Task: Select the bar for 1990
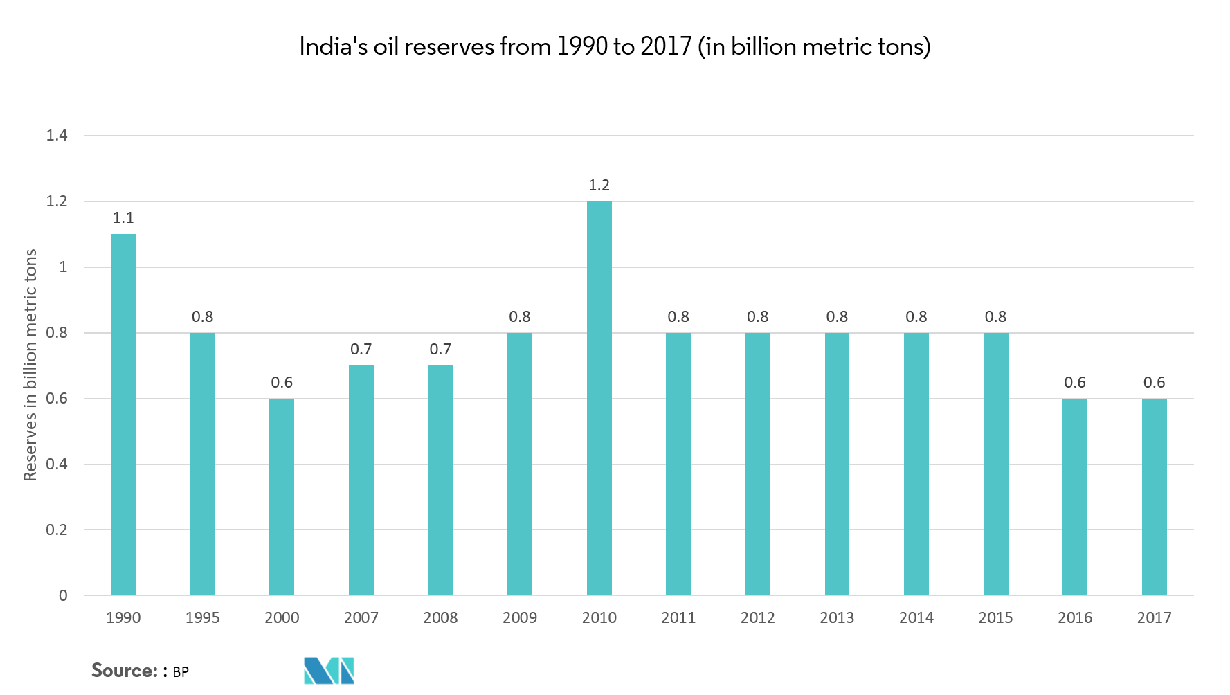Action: (123, 415)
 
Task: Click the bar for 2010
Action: (599, 398)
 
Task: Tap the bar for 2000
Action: (282, 496)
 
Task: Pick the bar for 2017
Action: (1154, 496)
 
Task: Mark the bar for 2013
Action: (837, 464)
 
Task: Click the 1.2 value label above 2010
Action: (599, 185)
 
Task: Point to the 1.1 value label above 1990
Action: (123, 218)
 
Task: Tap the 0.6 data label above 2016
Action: (1075, 382)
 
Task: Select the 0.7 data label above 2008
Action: (440, 350)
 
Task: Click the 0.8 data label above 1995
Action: (202, 316)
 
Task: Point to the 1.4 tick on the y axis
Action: (57, 136)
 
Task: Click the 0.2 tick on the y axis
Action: (57, 530)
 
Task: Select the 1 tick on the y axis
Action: (63, 267)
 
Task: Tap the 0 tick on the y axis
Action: (63, 596)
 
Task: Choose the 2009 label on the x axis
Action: (520, 617)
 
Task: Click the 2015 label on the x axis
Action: (995, 617)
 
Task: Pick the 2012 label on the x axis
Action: (757, 617)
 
